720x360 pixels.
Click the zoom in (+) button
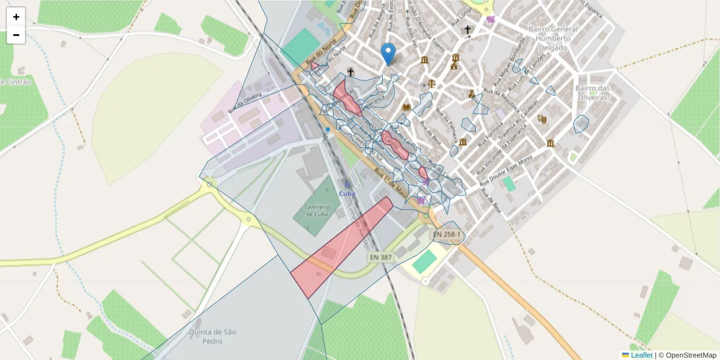click(16, 17)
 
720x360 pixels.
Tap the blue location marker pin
click(389, 54)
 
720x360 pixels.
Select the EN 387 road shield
click(380, 257)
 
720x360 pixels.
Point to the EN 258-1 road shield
click(446, 234)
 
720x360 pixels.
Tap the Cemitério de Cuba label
click(311, 210)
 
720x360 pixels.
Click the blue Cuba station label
click(347, 193)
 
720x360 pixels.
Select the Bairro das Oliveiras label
click(593, 92)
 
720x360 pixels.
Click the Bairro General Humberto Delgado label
click(553, 38)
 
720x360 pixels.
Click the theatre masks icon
click(542, 119)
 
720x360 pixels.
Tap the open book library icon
click(407, 107)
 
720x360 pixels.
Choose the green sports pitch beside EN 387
click(425, 261)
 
